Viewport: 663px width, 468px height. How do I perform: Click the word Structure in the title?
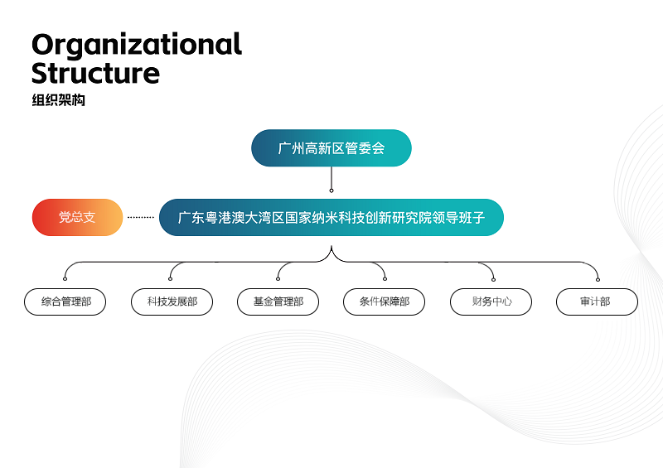point(95,73)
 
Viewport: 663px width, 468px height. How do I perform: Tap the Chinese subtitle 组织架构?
point(58,100)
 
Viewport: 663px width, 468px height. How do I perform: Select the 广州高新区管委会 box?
point(331,148)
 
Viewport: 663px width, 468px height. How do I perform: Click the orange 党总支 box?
point(77,217)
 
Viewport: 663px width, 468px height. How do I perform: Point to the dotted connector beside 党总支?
point(141,217)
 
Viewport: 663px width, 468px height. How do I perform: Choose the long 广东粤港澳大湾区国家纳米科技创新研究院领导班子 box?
point(331,217)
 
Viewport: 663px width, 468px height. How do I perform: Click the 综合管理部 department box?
point(65,302)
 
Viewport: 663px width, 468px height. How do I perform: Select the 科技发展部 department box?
point(172,302)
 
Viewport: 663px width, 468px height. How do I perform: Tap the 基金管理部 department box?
point(278,302)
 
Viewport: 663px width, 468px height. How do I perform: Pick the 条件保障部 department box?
point(385,302)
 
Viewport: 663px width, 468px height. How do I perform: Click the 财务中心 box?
point(491,302)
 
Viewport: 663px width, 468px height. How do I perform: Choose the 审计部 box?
point(597,302)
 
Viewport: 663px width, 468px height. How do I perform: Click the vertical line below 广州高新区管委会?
point(331,177)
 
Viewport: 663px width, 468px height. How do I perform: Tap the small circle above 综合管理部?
point(65,278)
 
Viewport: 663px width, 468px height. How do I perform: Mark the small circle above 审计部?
point(598,279)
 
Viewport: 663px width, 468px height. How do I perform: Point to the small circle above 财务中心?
point(493,279)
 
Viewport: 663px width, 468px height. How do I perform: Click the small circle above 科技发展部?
point(170,278)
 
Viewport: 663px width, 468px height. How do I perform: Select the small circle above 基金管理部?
point(278,278)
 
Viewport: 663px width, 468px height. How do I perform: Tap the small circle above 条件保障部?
point(385,278)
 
